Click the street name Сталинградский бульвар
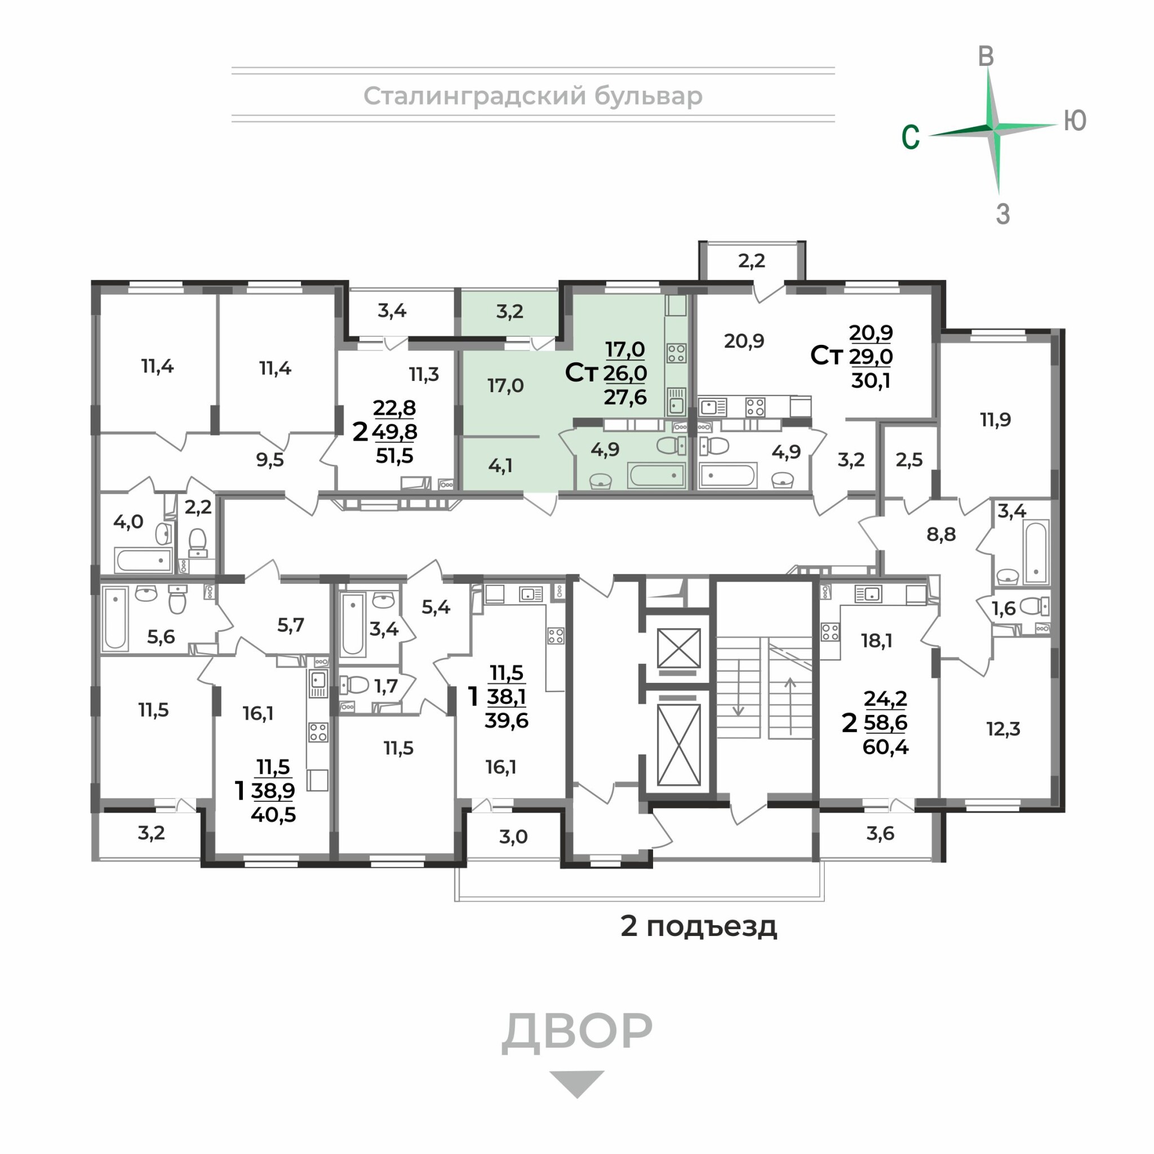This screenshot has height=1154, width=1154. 533,96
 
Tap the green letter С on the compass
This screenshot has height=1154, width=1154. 911,137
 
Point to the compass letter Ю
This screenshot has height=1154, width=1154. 1075,121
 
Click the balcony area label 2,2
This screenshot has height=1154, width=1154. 752,261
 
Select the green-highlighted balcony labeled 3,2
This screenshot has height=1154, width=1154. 509,311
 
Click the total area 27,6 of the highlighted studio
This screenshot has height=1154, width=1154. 625,397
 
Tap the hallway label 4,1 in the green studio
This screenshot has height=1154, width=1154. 500,465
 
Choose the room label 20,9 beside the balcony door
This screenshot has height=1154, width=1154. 744,340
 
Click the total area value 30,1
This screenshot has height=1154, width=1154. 870,380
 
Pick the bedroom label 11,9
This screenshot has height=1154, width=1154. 995,419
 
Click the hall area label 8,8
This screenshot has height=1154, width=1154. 941,535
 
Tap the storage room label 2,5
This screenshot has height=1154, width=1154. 909,459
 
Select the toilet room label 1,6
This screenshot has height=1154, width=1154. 1004,608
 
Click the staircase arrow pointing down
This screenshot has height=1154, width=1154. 738,687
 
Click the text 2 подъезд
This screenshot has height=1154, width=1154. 699,926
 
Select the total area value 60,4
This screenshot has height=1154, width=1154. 885,747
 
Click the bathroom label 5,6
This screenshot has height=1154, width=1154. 161,637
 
